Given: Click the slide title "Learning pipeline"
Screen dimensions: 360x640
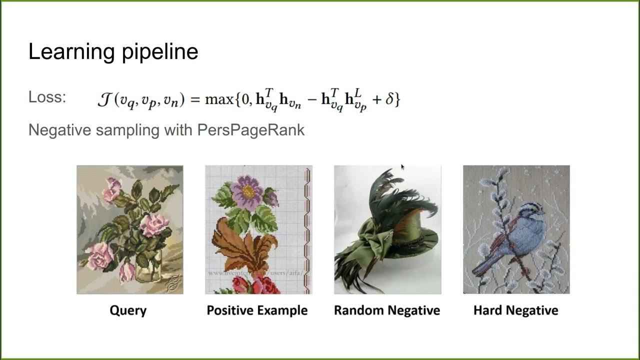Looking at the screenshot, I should pyautogui.click(x=113, y=52).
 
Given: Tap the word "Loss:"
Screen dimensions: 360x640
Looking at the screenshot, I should pyautogui.click(x=47, y=97).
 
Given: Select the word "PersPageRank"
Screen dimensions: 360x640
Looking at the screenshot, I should pyautogui.click(x=251, y=130).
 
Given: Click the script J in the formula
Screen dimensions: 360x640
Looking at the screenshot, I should pyautogui.click(x=104, y=99).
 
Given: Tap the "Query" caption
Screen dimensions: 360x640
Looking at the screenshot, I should pyautogui.click(x=128, y=310).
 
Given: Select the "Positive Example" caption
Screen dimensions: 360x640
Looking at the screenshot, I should pyautogui.click(x=257, y=310).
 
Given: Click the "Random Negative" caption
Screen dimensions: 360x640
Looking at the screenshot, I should pyautogui.click(x=387, y=310).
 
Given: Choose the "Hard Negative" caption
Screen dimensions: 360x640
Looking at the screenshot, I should pyautogui.click(x=515, y=310).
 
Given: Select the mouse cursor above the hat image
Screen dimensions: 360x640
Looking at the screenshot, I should pyautogui.click(x=402, y=167).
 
